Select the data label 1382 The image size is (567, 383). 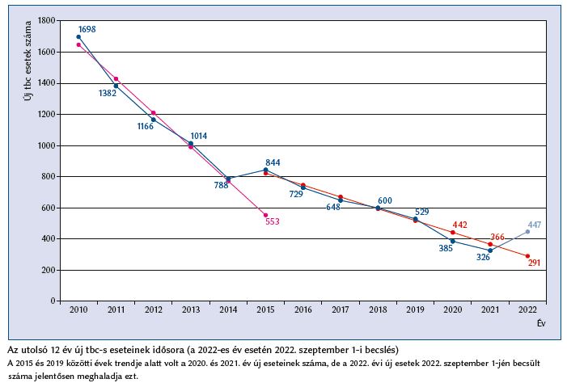click(x=107, y=93)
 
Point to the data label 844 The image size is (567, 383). click(x=273, y=162)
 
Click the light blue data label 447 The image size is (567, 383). click(x=534, y=225)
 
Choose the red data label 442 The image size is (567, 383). click(x=459, y=225)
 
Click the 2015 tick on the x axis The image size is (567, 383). click(x=265, y=309)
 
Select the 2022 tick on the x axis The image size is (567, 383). click(x=527, y=309)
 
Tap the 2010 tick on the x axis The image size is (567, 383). click(x=78, y=309)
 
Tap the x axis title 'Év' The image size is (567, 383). click(x=539, y=322)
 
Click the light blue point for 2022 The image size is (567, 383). click(x=527, y=232)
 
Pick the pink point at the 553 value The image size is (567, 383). click(x=265, y=215)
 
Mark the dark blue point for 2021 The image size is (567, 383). click(x=490, y=250)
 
